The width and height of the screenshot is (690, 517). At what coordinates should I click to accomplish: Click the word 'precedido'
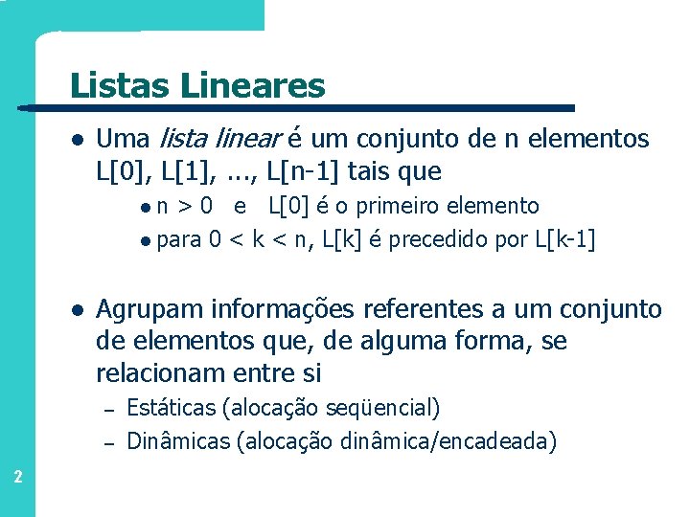tap(441, 238)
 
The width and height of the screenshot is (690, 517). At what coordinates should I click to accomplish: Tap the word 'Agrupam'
tap(149, 310)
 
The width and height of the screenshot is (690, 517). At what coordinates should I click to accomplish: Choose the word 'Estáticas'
tap(171, 409)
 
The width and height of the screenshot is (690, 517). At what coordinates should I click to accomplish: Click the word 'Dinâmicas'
tap(178, 441)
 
